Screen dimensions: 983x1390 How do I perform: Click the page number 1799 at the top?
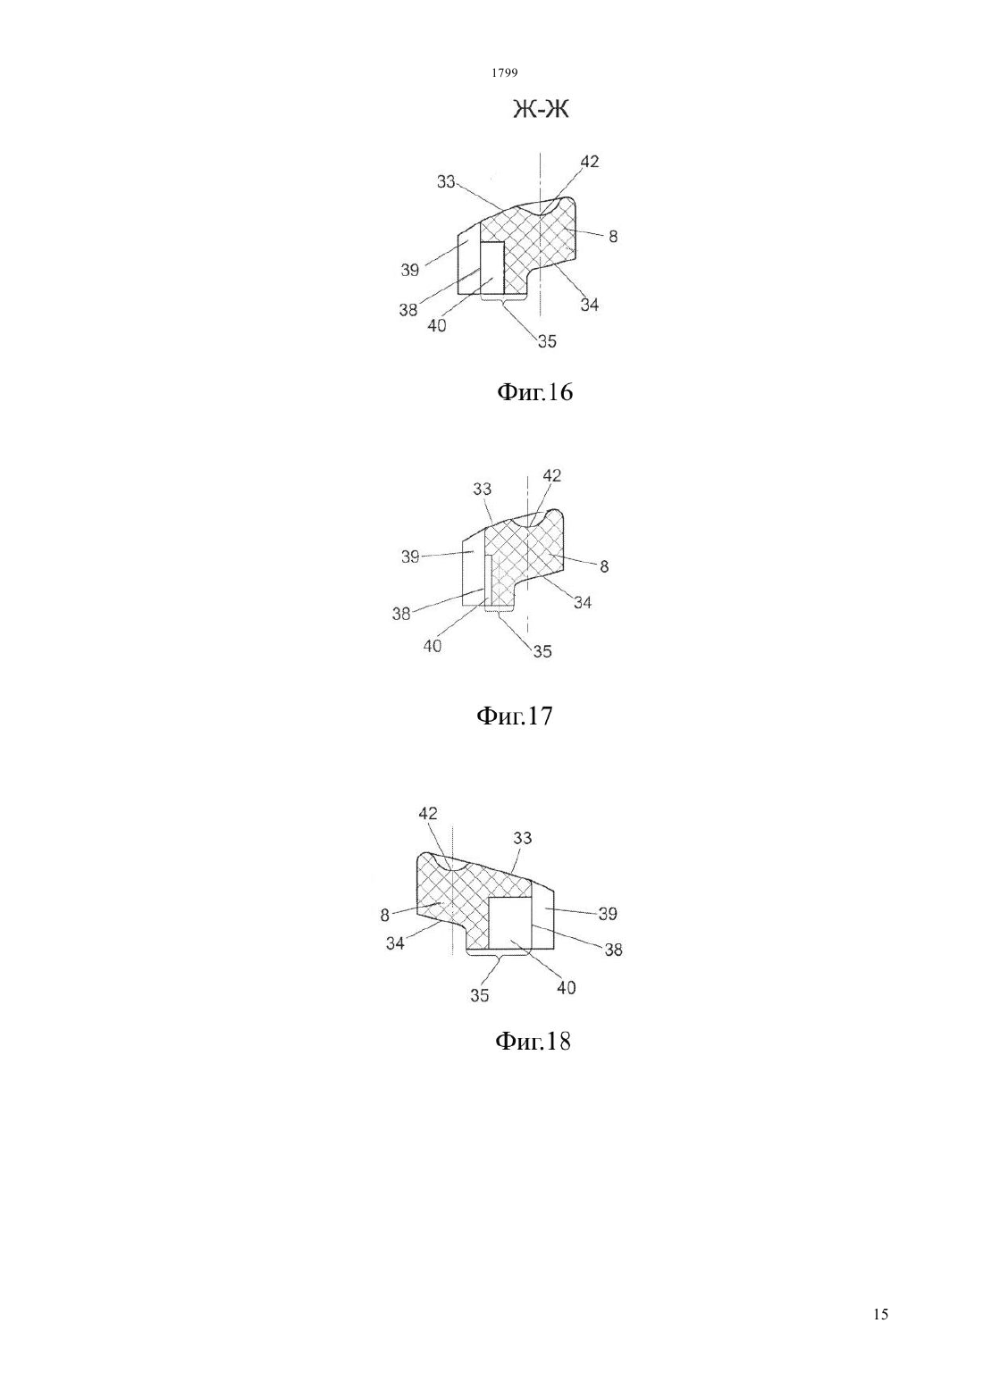pos(505,73)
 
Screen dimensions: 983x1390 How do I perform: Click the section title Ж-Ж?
pos(541,110)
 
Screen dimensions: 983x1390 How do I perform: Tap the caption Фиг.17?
pos(514,716)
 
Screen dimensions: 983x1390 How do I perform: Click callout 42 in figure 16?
pos(590,162)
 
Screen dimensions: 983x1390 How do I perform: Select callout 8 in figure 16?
pos(612,237)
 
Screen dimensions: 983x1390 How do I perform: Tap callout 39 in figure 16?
pos(409,270)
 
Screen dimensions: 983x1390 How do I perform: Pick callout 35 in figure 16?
pos(547,341)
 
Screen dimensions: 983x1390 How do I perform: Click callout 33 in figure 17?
pos(483,489)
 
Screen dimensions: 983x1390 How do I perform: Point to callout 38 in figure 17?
pos(401,614)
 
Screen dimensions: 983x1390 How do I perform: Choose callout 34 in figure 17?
pos(582,602)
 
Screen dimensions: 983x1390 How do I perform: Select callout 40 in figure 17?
pos(433,646)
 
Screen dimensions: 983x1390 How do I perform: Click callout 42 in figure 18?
pos(427,814)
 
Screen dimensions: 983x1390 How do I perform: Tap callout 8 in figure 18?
pos(385,915)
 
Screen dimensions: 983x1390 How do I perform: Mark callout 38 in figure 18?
pos(612,950)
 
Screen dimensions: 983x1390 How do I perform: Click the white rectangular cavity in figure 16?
pos(492,267)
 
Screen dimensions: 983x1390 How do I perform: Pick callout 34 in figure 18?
pos(395,943)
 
